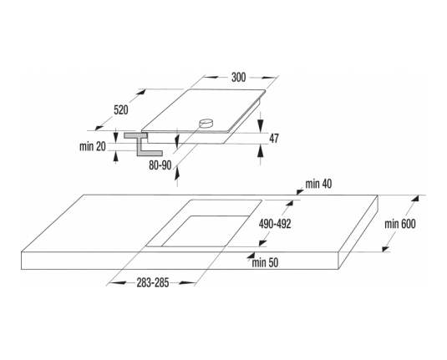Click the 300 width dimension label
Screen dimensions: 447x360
tap(238, 77)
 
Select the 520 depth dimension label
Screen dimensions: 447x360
tap(121, 110)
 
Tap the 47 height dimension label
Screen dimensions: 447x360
tap(274, 139)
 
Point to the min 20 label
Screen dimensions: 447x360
tap(93, 146)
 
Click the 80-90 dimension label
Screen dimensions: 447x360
tap(160, 165)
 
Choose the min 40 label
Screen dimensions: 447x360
tap(318, 184)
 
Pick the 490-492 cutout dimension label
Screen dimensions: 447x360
tap(275, 225)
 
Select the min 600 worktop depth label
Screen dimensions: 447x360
tap(400, 224)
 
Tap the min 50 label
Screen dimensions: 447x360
tap(265, 263)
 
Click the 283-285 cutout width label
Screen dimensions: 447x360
tap(153, 283)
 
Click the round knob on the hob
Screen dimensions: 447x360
tap(206, 124)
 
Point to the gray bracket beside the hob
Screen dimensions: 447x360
tap(142, 144)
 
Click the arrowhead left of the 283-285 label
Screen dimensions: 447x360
tap(117, 283)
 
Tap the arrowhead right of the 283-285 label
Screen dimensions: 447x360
tap(187, 283)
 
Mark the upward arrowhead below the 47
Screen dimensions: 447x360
tap(260, 151)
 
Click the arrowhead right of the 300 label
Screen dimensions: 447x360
tap(269, 77)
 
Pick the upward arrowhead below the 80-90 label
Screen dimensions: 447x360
tap(177, 173)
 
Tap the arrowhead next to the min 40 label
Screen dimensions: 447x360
tap(300, 191)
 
